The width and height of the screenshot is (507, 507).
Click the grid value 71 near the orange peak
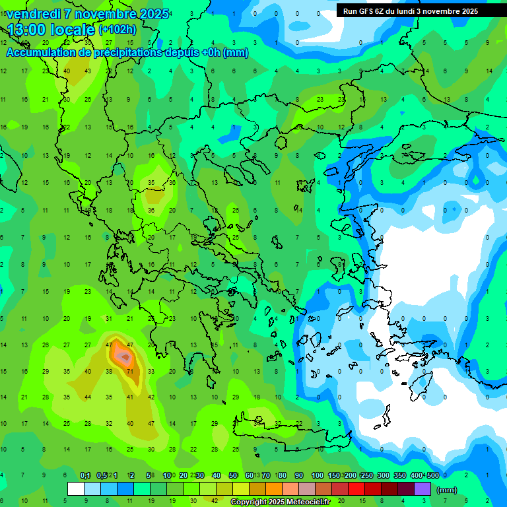[x=131, y=372]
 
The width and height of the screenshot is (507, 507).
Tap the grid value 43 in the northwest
[x=88, y=71]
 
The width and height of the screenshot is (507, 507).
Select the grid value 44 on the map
[x=88, y=397]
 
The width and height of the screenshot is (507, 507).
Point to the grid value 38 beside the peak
[x=109, y=372]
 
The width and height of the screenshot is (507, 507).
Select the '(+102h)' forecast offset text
[x=118, y=30]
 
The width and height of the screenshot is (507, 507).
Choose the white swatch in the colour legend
[x=76, y=489]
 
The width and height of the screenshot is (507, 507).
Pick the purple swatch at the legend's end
[x=423, y=489]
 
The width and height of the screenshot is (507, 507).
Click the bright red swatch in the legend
[x=356, y=489]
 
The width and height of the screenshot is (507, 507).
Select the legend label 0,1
[x=85, y=475]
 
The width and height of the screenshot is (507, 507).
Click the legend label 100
[x=318, y=475]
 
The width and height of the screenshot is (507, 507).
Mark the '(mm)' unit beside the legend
[x=447, y=490]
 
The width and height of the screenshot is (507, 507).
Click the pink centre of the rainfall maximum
[x=123, y=357]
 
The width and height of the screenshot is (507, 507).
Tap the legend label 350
[x=400, y=475]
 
